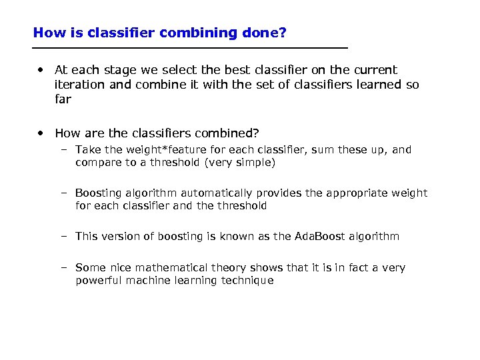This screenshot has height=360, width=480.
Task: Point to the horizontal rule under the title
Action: coord(190,48)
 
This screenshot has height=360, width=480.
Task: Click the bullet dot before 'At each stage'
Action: coord(41,69)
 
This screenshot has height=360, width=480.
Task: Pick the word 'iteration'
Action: coord(79,85)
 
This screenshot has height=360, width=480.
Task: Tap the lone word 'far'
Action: coord(62,99)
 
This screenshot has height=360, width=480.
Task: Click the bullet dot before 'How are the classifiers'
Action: coord(41,133)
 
